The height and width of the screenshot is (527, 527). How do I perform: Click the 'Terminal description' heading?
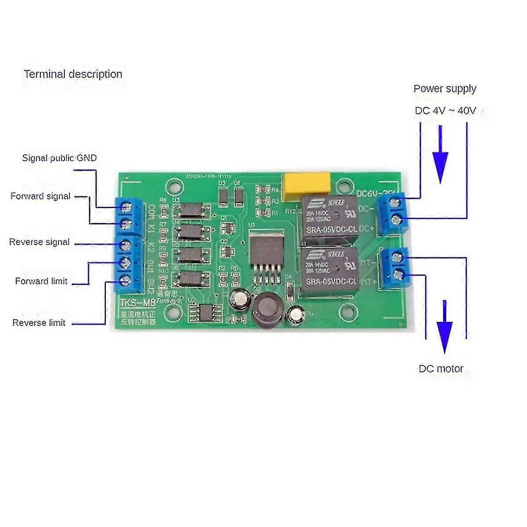coord(73,74)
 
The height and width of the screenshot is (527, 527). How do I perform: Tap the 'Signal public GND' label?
coord(59,158)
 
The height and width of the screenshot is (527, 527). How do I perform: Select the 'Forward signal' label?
coord(40,196)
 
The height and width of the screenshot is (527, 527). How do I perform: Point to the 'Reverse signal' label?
coord(40,242)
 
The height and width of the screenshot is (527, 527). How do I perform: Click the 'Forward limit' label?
coord(41,281)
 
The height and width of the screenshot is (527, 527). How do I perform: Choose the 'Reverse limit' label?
coord(39,323)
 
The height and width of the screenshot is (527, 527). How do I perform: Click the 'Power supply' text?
coord(444,89)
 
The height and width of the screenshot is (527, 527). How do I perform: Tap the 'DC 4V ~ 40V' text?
coord(445,111)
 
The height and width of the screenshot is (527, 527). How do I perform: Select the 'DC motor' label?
coord(441,368)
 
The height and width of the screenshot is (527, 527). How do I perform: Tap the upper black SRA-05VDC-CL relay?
coord(330,219)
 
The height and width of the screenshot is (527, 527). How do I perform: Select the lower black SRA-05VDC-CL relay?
coord(330,271)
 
